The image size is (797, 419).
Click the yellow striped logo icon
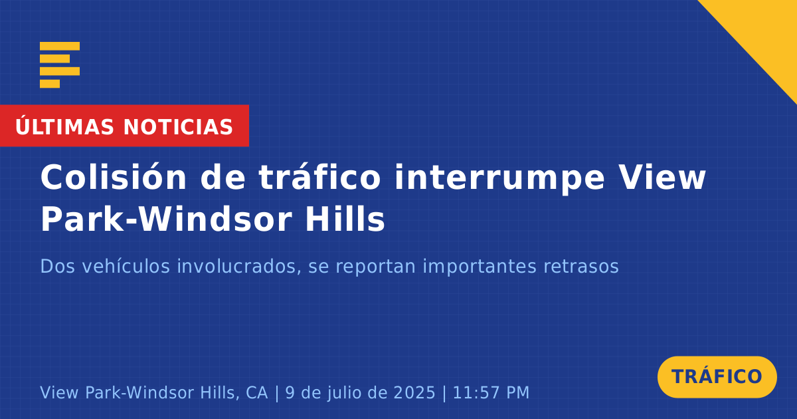pos(60,65)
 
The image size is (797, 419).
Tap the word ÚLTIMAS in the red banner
pos(64,126)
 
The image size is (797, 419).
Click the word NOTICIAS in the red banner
pos(178,127)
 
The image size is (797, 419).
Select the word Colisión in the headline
pos(114,177)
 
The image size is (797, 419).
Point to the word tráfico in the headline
pos(319,177)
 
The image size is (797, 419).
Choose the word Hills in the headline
pos(345,219)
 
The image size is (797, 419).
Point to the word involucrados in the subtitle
pos(236,266)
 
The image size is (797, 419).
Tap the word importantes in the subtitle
pos(480,267)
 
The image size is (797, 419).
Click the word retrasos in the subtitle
pos(581,267)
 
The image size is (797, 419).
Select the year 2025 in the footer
pos(414,392)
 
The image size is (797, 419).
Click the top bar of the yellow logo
pos(60,46)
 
